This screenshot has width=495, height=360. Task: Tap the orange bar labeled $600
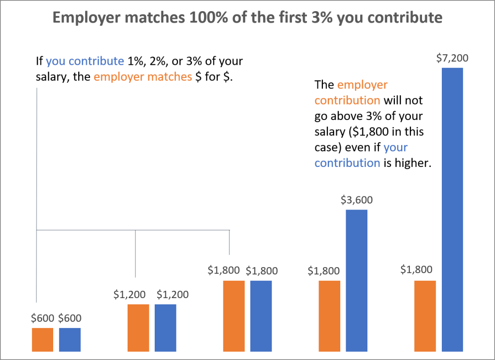[x=43, y=340]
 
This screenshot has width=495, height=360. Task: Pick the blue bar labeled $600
[x=70, y=340]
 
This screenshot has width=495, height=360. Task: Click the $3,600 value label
[x=357, y=200]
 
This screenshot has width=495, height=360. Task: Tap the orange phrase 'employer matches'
[x=143, y=77]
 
